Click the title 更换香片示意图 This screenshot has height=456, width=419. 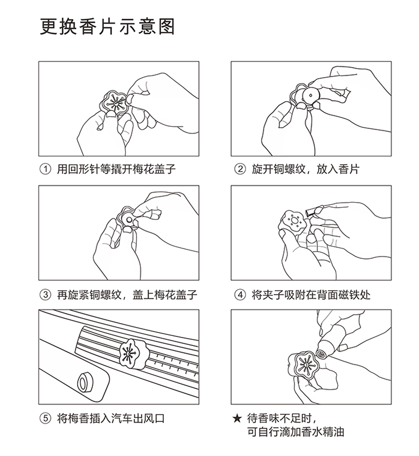click(107, 27)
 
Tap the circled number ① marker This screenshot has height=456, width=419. click(45, 169)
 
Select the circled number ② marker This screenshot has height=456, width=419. click(240, 169)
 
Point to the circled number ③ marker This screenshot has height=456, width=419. click(45, 295)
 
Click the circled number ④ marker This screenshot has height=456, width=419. click(240, 295)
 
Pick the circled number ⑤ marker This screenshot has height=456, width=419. click(45, 419)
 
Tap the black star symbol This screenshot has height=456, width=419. click(237, 419)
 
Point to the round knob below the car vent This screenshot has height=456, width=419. click(85, 381)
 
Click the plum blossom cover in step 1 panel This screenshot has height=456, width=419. click(113, 104)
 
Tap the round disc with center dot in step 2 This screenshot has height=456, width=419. click(311, 95)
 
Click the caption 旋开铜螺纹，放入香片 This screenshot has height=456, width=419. click(306, 169)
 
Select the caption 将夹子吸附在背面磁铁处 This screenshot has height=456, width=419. click(311, 295)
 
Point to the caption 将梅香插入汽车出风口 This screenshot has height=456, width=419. click(111, 419)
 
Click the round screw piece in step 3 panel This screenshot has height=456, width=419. click(128, 218)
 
